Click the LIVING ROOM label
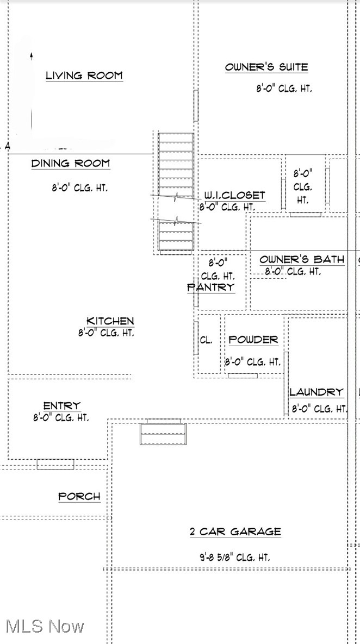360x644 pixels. pyautogui.click(x=84, y=76)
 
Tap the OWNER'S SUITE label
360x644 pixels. pyautogui.click(x=266, y=67)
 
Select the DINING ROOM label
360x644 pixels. pyautogui.click(x=70, y=163)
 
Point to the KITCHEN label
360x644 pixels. pyautogui.click(x=110, y=321)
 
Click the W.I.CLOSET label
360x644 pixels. pyautogui.click(x=234, y=196)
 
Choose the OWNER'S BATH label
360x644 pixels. pyautogui.click(x=302, y=259)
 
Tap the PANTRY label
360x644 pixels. pyautogui.click(x=211, y=287)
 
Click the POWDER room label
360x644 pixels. pyautogui.click(x=253, y=340)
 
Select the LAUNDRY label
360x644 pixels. pyautogui.click(x=316, y=392)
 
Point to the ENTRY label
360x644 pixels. pyautogui.click(x=61, y=406)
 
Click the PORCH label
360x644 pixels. pyautogui.click(x=79, y=496)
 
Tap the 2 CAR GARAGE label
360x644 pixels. pyautogui.click(x=235, y=532)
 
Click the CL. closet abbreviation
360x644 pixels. pyautogui.click(x=206, y=340)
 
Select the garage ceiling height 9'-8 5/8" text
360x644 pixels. pyautogui.click(x=235, y=557)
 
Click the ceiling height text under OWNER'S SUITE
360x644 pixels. pyautogui.click(x=284, y=89)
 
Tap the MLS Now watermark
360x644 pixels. pyautogui.click(x=45, y=626)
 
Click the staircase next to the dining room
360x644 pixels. pyautogui.click(x=176, y=193)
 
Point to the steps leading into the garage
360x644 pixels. pyautogui.click(x=163, y=433)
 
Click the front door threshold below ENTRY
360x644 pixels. pyautogui.click(x=55, y=464)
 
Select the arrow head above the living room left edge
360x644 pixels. pyautogui.click(x=32, y=55)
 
